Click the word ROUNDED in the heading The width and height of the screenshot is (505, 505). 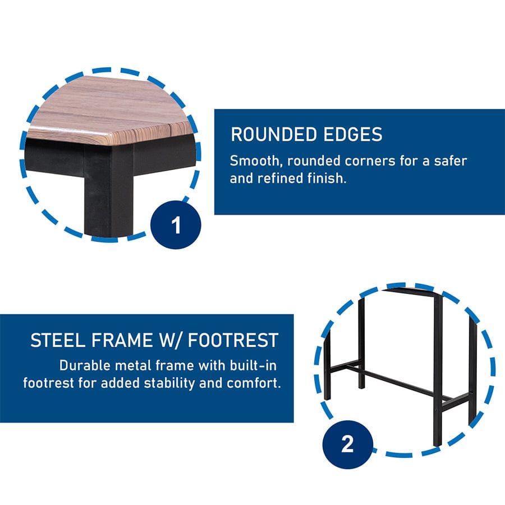click(x=269, y=135)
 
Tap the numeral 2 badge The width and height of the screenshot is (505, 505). click(x=347, y=445)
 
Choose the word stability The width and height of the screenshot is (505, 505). click(x=178, y=384)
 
